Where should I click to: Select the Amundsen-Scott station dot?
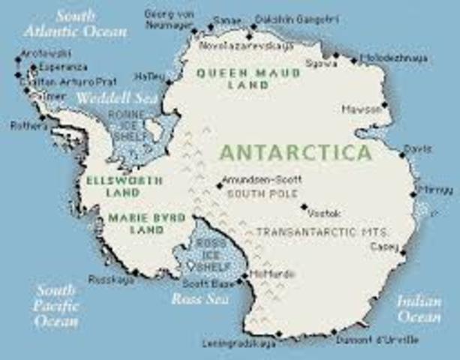[218, 185]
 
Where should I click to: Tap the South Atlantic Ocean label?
[74, 23]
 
